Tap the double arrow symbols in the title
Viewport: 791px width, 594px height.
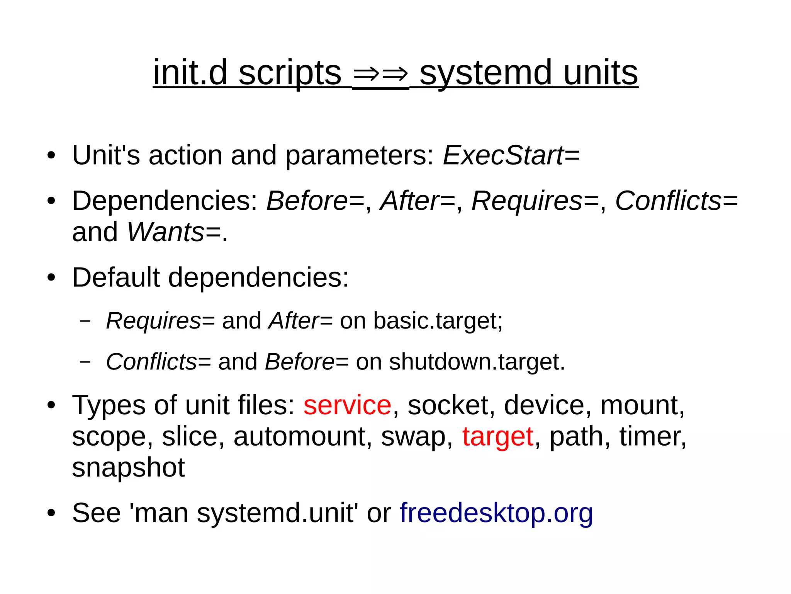(x=380, y=74)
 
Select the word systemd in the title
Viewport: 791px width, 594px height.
(x=485, y=73)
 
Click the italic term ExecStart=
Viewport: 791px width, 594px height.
(x=511, y=155)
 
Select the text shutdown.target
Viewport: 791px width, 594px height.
(x=477, y=362)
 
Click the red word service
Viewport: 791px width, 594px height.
(x=347, y=405)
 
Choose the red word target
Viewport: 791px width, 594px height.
(x=498, y=436)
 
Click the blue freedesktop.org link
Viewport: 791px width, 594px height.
(x=496, y=513)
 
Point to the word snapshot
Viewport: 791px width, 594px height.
(x=128, y=468)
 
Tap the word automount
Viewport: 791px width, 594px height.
(x=300, y=436)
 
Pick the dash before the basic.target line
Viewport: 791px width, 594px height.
(x=85, y=321)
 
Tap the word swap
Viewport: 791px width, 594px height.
(x=416, y=437)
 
